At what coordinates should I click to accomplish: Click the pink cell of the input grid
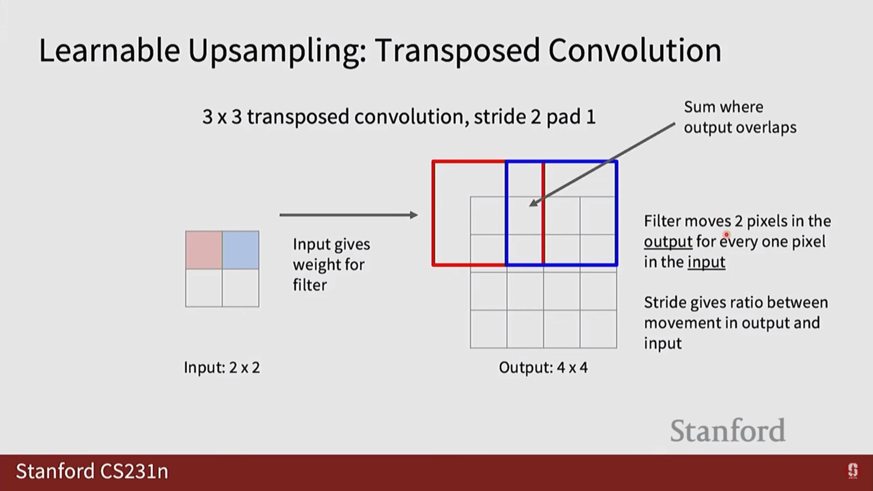click(x=204, y=250)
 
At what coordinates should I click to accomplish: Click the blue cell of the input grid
click(x=241, y=250)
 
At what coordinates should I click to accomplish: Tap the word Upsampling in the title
click(x=277, y=51)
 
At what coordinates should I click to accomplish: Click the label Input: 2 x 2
click(x=222, y=367)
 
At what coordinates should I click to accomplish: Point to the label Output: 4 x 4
click(x=543, y=367)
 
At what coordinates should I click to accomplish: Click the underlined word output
click(x=668, y=241)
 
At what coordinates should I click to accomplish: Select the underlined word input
click(x=706, y=262)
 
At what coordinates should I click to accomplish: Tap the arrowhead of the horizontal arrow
click(x=414, y=215)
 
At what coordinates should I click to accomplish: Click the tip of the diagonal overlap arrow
click(x=529, y=206)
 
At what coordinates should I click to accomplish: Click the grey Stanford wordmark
click(x=727, y=431)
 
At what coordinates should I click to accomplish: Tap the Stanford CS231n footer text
click(x=92, y=471)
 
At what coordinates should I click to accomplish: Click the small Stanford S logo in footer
click(x=853, y=471)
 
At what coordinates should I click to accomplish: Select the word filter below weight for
click(x=310, y=285)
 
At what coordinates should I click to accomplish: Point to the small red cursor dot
click(x=726, y=235)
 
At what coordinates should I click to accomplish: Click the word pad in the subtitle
click(x=564, y=117)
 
